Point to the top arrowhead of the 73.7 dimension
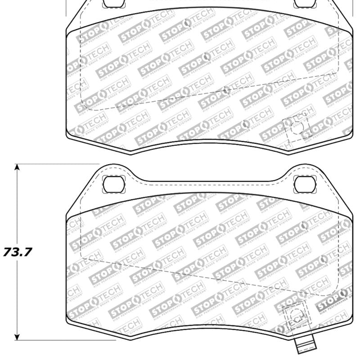17,167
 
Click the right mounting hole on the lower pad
302,183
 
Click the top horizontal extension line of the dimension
54,164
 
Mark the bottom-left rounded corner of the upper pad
69,134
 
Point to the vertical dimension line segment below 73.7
17,297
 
